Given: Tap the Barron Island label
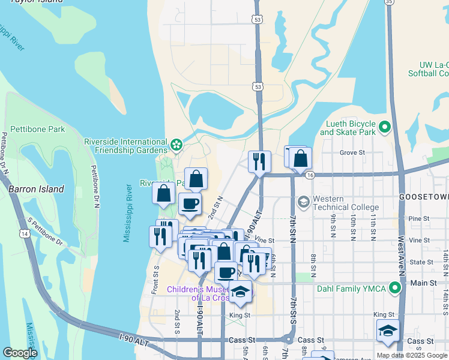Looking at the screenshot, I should pos(36,189).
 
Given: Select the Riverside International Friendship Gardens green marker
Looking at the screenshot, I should pos(176,145).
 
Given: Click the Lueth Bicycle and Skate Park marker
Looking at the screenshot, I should pos(384,127).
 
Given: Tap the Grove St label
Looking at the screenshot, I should pos(352,153).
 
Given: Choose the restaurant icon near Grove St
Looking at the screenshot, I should pos(259,161).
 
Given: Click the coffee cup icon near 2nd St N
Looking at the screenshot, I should pos(190,203).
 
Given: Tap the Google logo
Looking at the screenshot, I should pos(20,353).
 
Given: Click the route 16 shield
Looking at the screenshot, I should pos(310,175).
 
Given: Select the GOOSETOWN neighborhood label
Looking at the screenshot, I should pos(424,197).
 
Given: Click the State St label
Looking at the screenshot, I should pos(421,262).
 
